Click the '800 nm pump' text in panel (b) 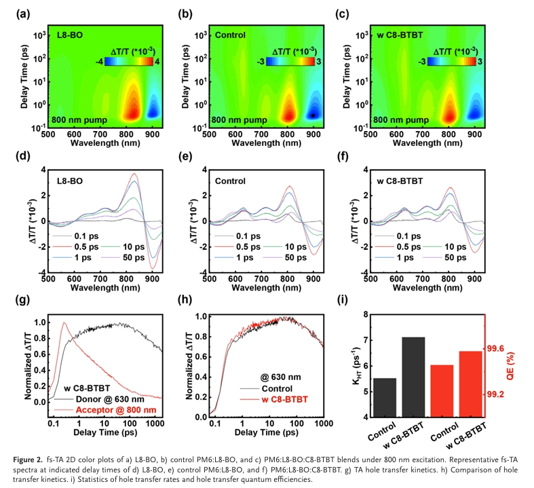[235, 120]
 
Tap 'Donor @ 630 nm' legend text [110, 399]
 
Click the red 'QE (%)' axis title [516, 348]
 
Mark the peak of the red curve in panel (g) [64, 323]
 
